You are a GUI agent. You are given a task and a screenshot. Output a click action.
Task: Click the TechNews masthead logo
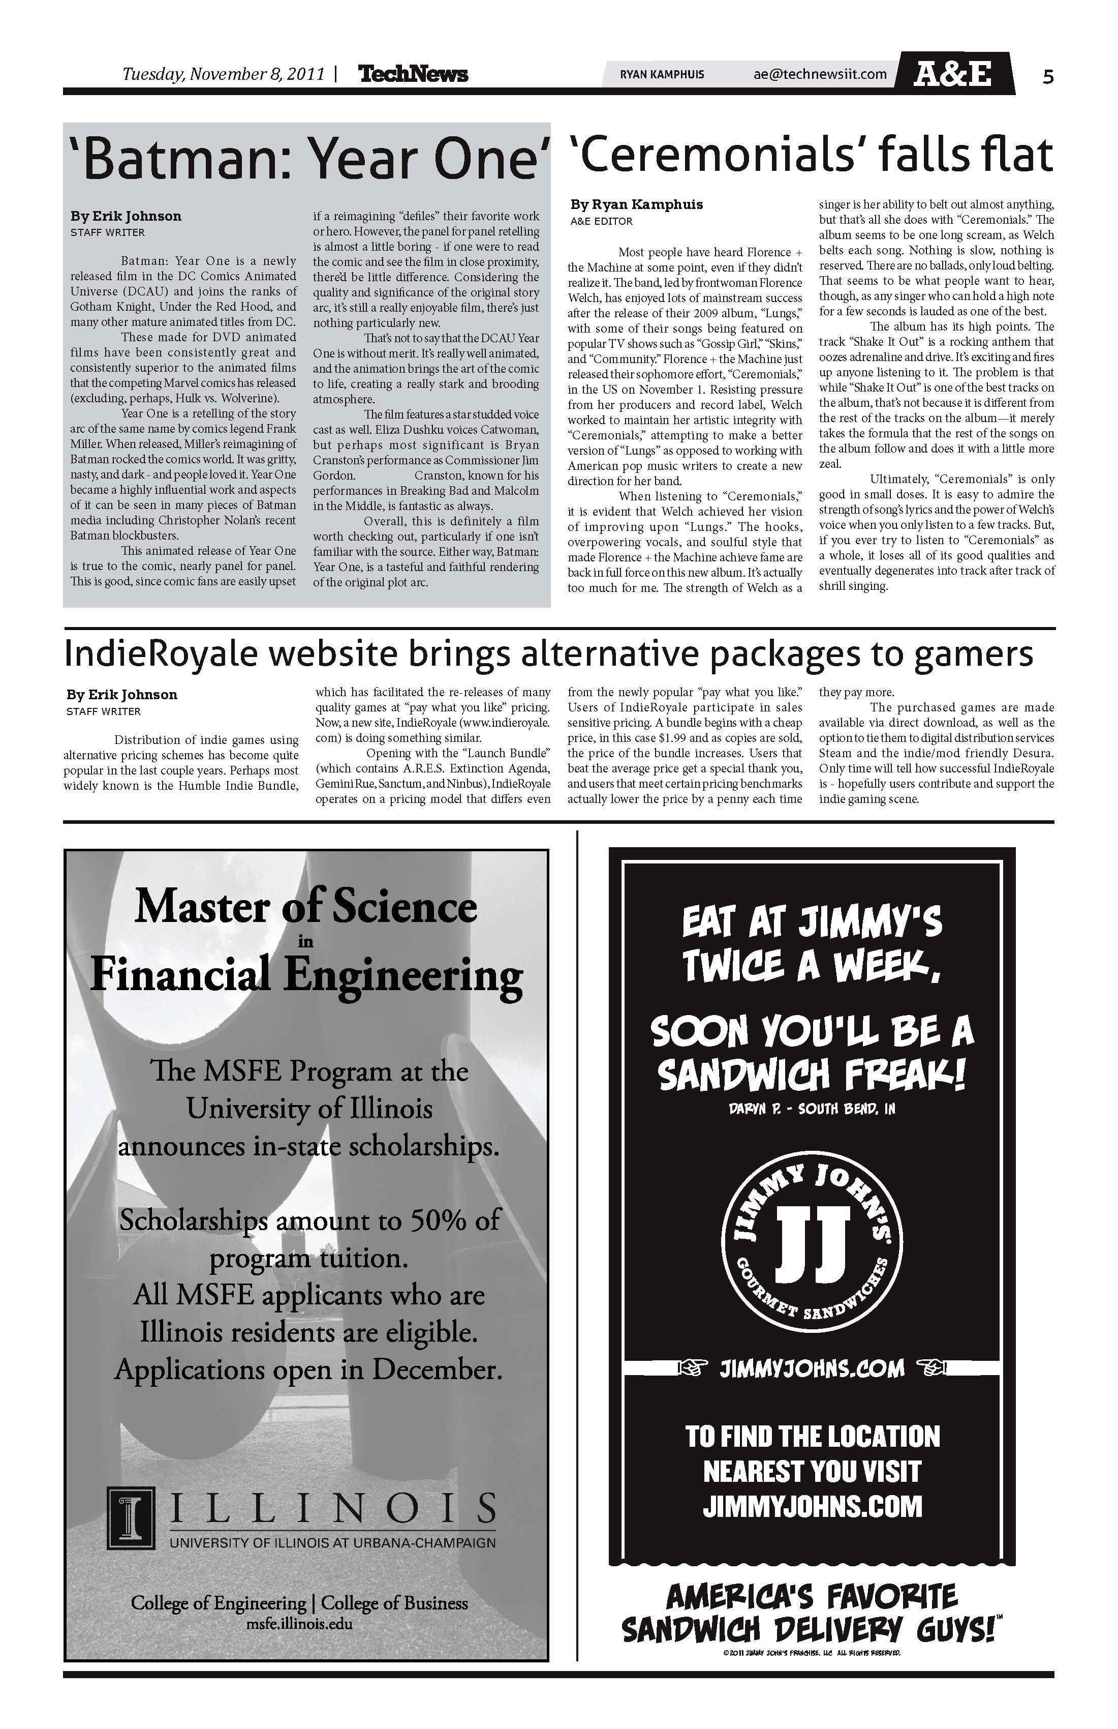point(413,74)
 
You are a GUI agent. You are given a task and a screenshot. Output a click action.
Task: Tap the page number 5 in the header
point(1047,76)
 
